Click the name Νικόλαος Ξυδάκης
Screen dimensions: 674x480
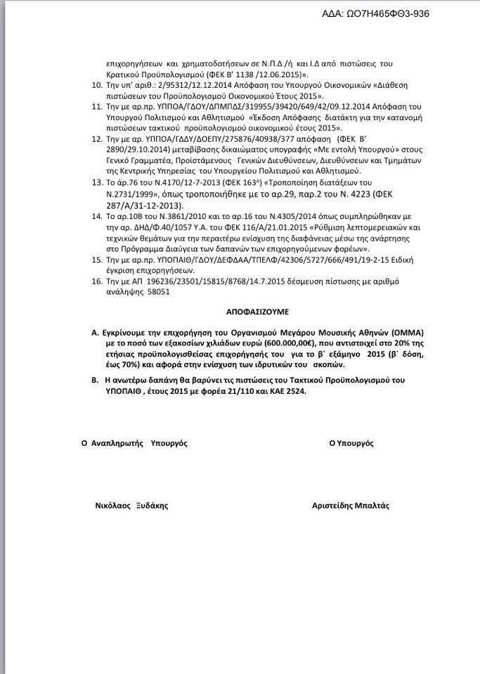pos(131,505)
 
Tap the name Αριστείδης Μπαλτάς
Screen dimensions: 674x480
pos(351,505)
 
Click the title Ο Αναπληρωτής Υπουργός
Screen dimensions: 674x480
pos(134,444)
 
